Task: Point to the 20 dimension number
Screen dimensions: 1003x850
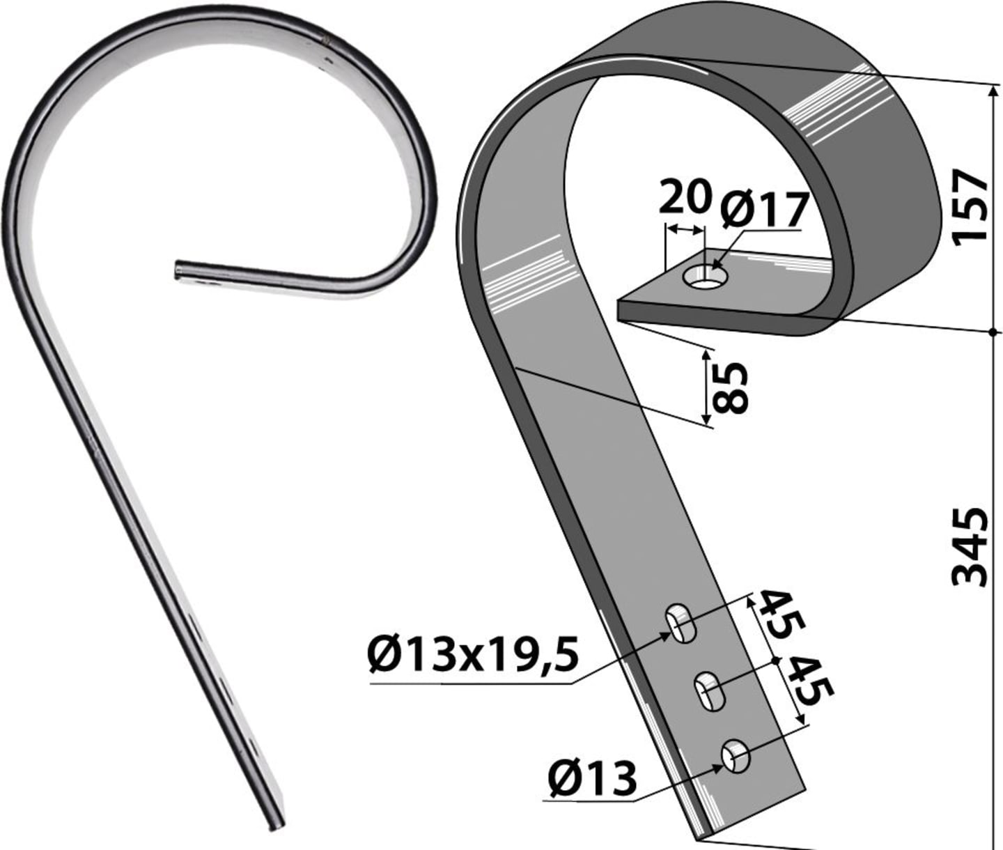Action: pyautogui.click(x=685, y=196)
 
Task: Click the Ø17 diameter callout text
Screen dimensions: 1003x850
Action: pyautogui.click(x=765, y=210)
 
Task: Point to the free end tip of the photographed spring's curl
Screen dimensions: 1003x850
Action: pyautogui.click(x=176, y=270)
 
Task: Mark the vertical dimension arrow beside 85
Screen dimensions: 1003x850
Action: pyautogui.click(x=705, y=388)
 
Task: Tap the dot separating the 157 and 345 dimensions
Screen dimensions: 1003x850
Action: pyautogui.click(x=994, y=332)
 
